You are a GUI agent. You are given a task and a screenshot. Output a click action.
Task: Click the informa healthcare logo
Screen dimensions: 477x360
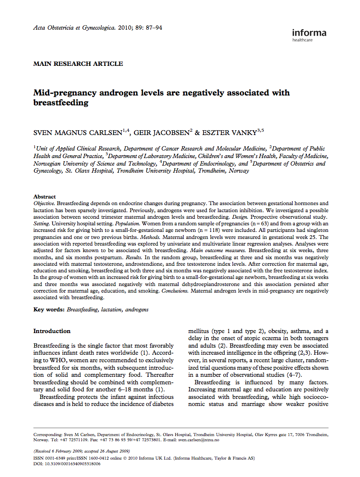tap(309, 35)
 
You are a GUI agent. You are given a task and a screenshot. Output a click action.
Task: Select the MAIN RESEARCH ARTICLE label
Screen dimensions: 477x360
tap(78, 64)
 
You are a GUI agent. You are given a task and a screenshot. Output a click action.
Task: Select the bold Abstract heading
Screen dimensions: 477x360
tap(44, 197)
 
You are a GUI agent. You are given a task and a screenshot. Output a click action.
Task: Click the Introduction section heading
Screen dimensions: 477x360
tap(52, 331)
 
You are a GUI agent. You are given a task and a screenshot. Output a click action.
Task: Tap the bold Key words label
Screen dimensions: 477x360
tap(48, 310)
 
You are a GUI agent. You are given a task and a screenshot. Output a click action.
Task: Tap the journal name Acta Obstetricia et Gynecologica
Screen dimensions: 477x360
tap(74, 28)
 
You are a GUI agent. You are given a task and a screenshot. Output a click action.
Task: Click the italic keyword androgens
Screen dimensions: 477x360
tap(137, 310)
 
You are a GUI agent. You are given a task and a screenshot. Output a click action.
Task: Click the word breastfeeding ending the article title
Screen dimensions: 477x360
tap(61, 103)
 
